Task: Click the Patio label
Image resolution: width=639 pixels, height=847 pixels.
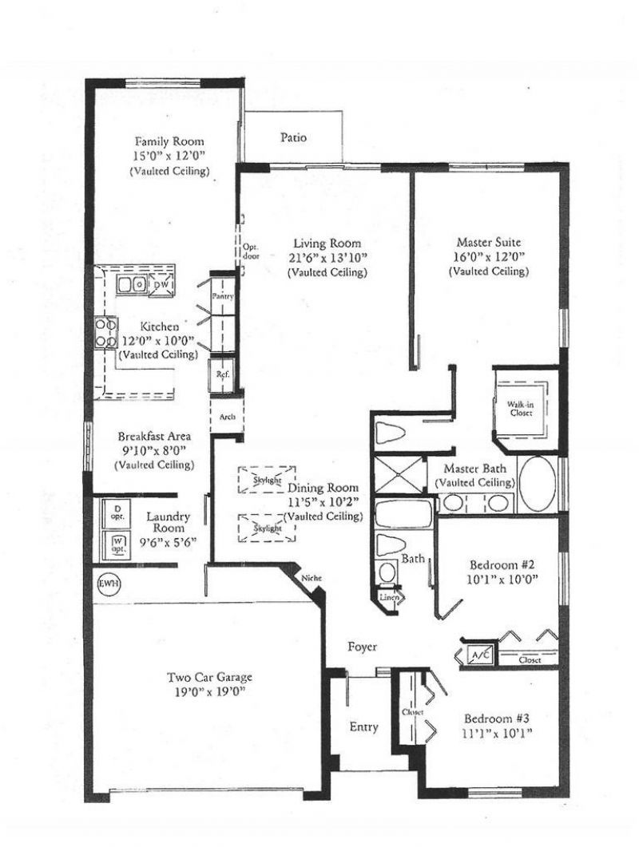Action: click(x=293, y=137)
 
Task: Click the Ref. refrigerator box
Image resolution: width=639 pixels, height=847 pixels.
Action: click(x=220, y=373)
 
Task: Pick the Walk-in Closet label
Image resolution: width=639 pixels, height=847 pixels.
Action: click(x=520, y=410)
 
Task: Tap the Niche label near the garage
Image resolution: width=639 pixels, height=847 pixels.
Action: click(x=310, y=578)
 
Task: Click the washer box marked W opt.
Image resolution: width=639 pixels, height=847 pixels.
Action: click(x=117, y=545)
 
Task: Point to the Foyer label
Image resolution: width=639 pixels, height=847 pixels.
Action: click(x=362, y=647)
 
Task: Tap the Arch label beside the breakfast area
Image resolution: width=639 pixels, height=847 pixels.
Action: click(x=227, y=417)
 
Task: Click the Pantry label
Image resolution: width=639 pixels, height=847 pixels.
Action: click(x=221, y=296)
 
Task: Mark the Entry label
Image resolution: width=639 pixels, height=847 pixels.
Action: click(x=364, y=727)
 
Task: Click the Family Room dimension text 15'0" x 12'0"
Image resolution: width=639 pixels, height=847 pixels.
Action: click(x=169, y=156)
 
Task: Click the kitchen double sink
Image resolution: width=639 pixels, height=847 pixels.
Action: click(x=132, y=283)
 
